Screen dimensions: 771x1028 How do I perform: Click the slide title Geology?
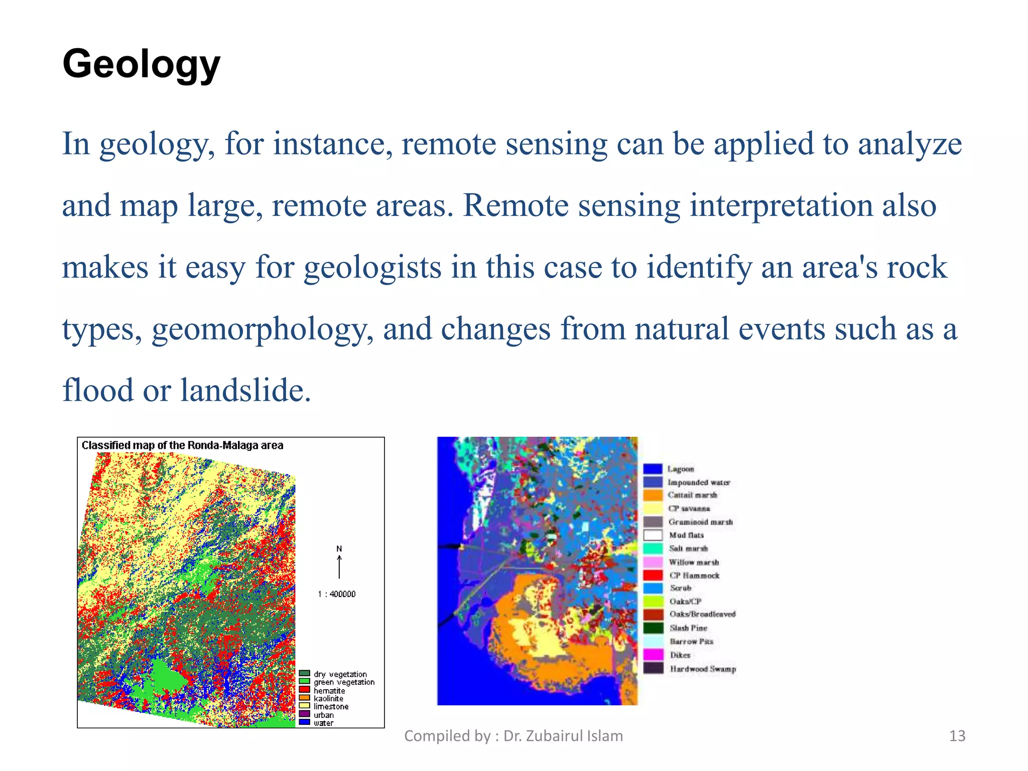[x=141, y=64]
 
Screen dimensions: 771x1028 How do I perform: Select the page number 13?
[x=957, y=736]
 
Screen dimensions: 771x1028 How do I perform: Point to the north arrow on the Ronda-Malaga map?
[x=339, y=566]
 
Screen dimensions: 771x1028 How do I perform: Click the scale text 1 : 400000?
[x=336, y=594]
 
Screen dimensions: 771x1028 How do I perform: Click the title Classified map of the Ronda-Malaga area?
[x=182, y=445]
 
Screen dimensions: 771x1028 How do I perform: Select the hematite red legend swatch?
[x=304, y=690]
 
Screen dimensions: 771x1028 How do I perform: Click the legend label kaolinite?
[x=329, y=698]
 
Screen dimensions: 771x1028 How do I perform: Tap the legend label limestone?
[x=331, y=706]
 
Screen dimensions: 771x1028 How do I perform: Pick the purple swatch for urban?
[x=304, y=714]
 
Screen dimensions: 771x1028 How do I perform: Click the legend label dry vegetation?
[x=340, y=674]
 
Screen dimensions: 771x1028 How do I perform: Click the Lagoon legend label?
[x=681, y=469]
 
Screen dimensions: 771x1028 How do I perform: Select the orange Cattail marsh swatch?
[x=653, y=495]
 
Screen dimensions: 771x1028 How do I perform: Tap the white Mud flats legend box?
[x=653, y=535]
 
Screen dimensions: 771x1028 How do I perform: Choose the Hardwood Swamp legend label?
[x=703, y=669]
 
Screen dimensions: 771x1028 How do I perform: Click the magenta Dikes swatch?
[x=653, y=655]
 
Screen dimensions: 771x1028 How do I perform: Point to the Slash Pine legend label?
[x=688, y=628]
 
